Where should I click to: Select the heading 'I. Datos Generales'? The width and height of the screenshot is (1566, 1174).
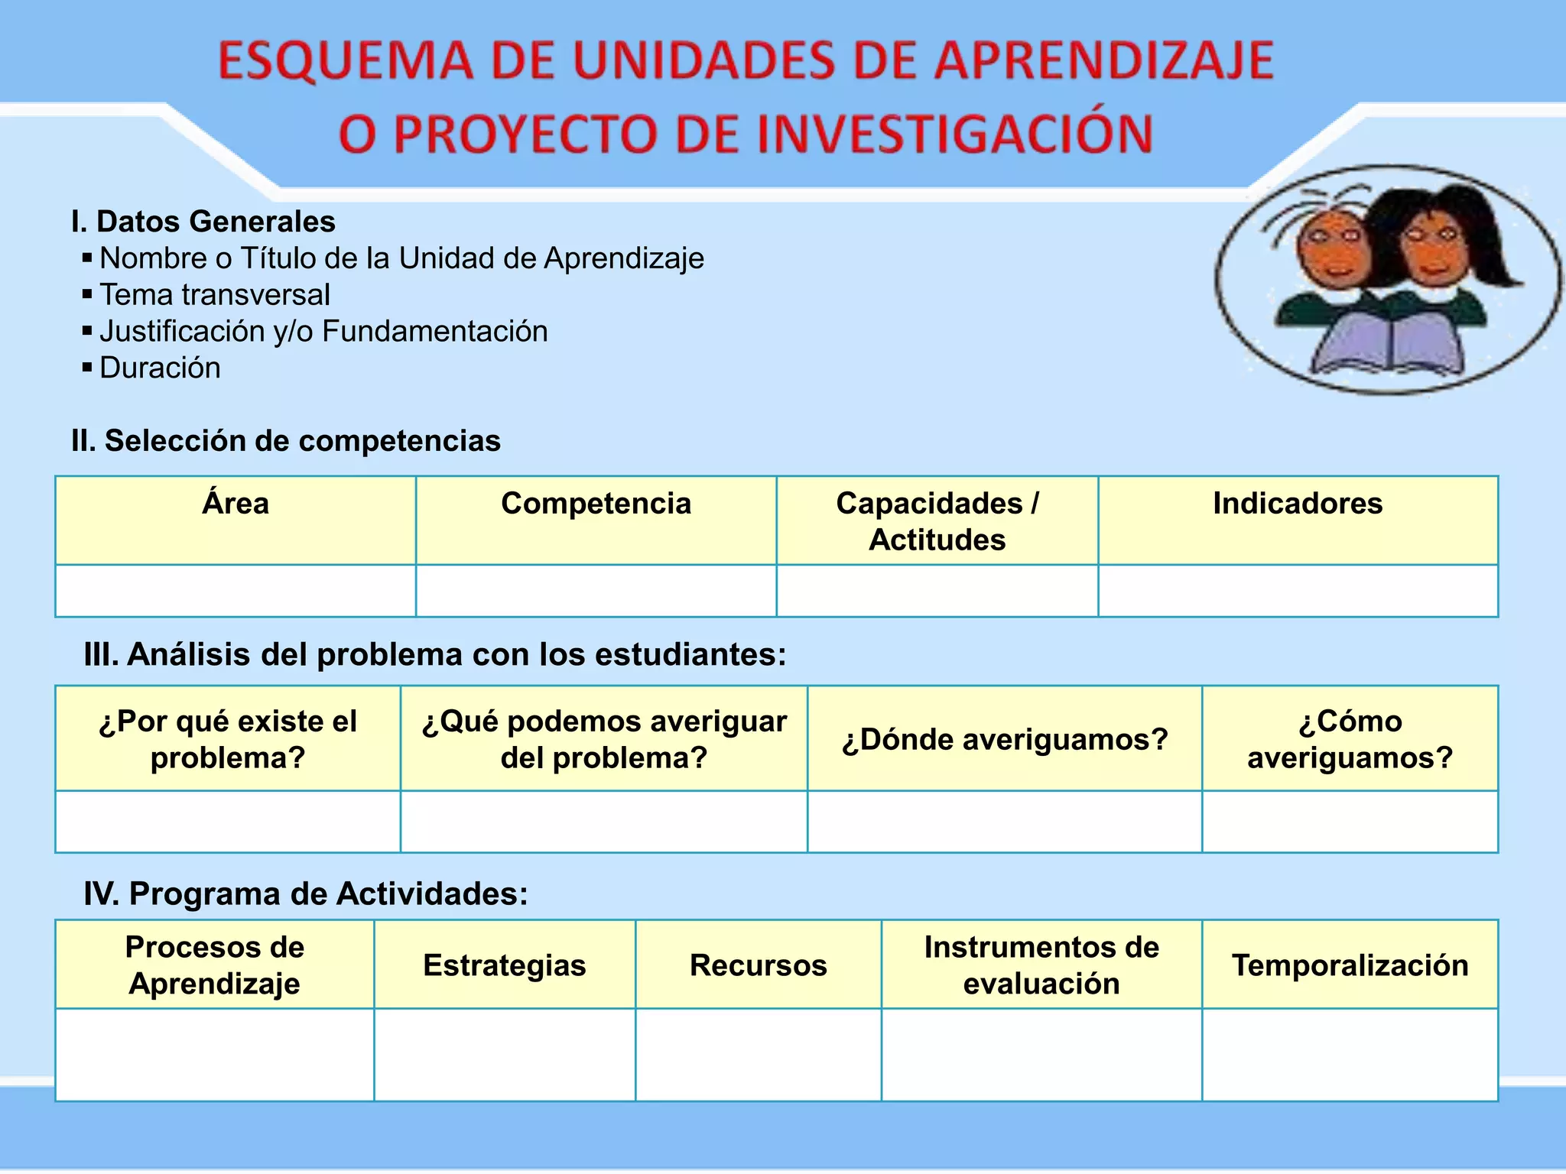click(203, 222)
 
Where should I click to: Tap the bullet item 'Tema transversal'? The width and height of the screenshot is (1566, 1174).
click(215, 295)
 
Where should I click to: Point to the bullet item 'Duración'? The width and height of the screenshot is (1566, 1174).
click(160, 368)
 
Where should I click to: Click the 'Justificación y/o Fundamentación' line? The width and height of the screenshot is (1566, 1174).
click(323, 332)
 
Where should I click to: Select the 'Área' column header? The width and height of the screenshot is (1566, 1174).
click(236, 504)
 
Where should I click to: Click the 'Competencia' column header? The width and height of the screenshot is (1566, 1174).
click(596, 504)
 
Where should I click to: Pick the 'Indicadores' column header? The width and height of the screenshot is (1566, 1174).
click(1298, 504)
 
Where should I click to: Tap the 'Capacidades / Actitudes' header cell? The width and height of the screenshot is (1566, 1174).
click(937, 521)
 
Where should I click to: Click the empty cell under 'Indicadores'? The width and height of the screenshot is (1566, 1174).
click(1298, 591)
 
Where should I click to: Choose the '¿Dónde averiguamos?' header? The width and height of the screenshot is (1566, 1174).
click(1005, 739)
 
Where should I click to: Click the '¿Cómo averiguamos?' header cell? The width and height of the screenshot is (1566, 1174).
click(1350, 739)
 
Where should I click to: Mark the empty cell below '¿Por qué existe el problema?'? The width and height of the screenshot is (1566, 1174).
click(228, 822)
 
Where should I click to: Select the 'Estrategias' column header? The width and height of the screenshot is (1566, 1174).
click(505, 965)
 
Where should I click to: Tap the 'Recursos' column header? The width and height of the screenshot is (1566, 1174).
click(758, 965)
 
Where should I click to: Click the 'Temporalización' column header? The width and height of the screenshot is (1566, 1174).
click(1350, 965)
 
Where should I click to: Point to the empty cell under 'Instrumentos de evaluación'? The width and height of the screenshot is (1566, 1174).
click(1041, 1055)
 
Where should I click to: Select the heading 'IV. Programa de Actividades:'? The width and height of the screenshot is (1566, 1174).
click(306, 893)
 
